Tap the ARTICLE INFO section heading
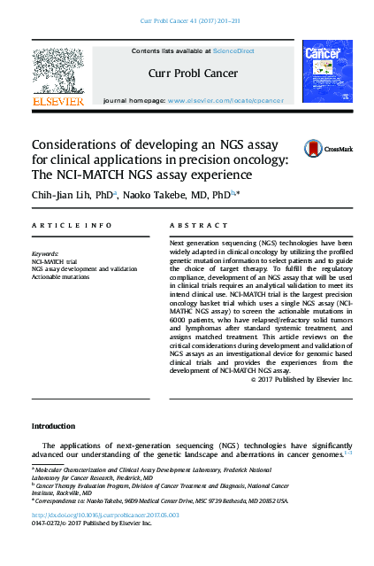point(73,227)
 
